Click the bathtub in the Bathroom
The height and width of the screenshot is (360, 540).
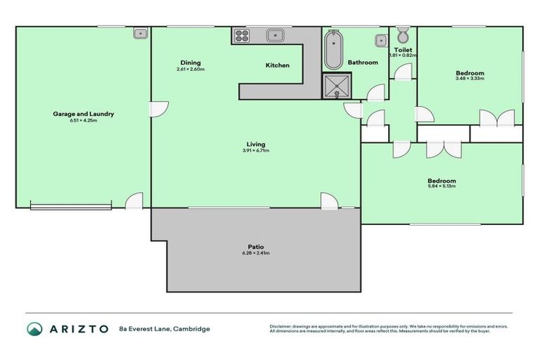pos(333,49)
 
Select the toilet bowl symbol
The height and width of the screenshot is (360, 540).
pos(403,35)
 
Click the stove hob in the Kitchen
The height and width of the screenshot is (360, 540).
pos(242,35)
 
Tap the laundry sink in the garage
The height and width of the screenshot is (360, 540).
pos(140,32)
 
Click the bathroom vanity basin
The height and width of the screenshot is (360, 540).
pos(380,39)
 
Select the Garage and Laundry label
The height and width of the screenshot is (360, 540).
pos(83,114)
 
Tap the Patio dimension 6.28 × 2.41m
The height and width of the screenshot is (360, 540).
pos(256,253)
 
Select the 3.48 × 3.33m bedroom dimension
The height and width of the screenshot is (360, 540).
pos(470,79)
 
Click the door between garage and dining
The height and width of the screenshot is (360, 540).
pos(157,109)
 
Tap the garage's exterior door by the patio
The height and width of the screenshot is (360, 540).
pos(134,201)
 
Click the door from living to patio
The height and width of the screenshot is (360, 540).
pos(329,201)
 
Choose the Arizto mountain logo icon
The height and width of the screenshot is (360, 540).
pos(34,328)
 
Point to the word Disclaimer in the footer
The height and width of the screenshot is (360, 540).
pos(281,327)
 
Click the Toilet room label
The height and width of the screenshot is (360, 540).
pos(403,50)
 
